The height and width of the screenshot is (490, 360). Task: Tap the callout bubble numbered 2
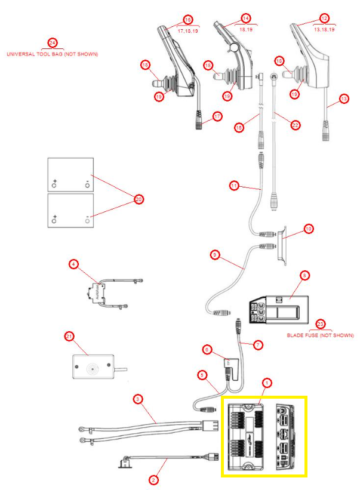coord(153,479)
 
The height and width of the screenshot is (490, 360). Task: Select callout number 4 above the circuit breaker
coord(73,263)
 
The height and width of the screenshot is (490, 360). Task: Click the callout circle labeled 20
coord(139,200)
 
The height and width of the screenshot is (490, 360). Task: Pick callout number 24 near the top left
coord(53,44)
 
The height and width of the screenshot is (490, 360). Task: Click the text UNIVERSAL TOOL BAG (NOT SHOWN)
coord(52,54)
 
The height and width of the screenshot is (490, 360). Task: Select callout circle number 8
coord(304,276)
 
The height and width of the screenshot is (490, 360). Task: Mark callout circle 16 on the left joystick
coord(188,19)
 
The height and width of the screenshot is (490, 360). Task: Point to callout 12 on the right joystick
coord(324,19)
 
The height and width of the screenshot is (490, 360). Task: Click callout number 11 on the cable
coord(234,186)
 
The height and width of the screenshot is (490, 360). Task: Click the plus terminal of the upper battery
coord(54,181)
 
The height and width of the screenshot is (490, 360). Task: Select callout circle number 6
coord(207,349)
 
